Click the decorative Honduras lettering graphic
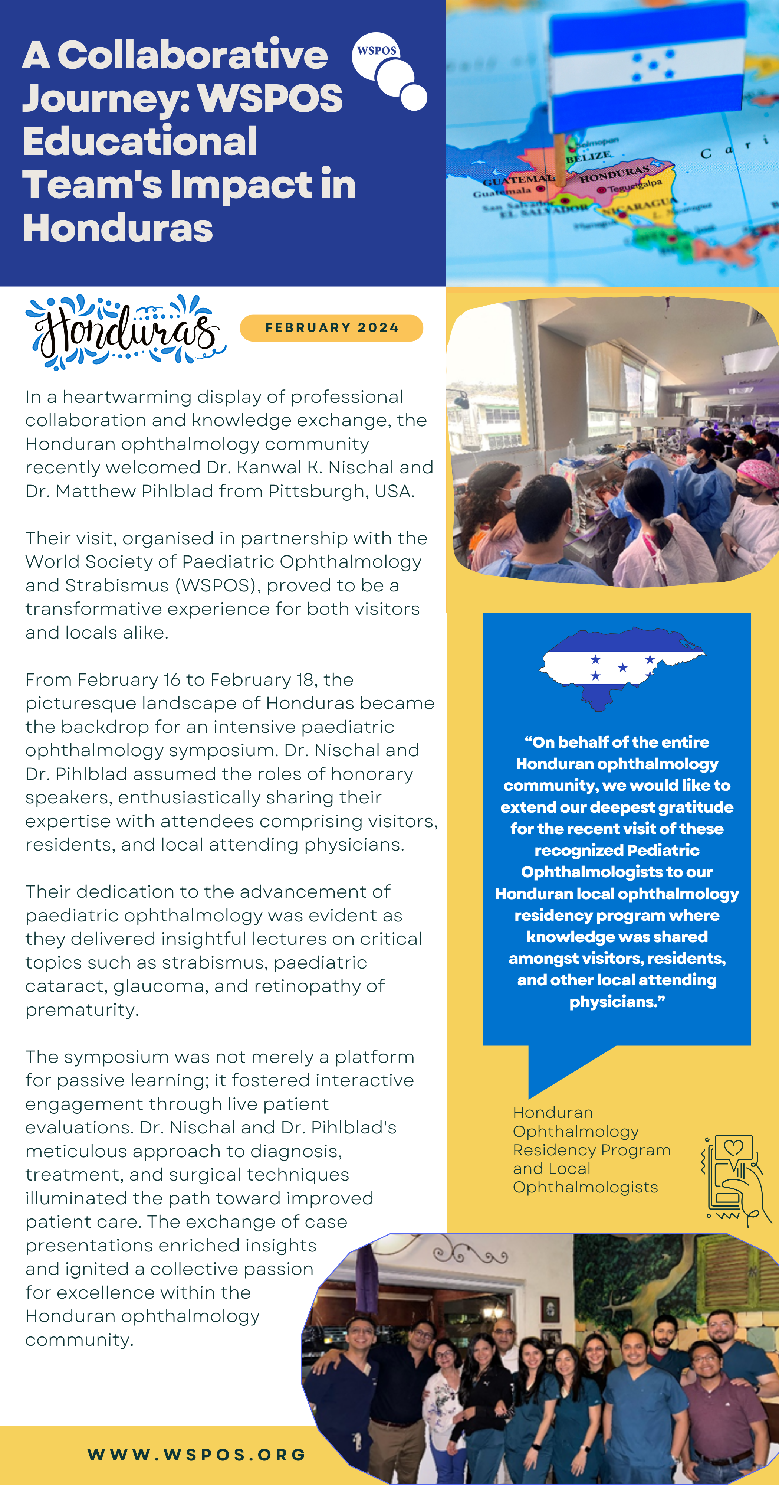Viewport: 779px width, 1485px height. click(x=126, y=332)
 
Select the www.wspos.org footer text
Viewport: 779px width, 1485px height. click(x=197, y=1455)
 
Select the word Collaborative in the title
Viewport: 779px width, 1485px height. click(x=193, y=56)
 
